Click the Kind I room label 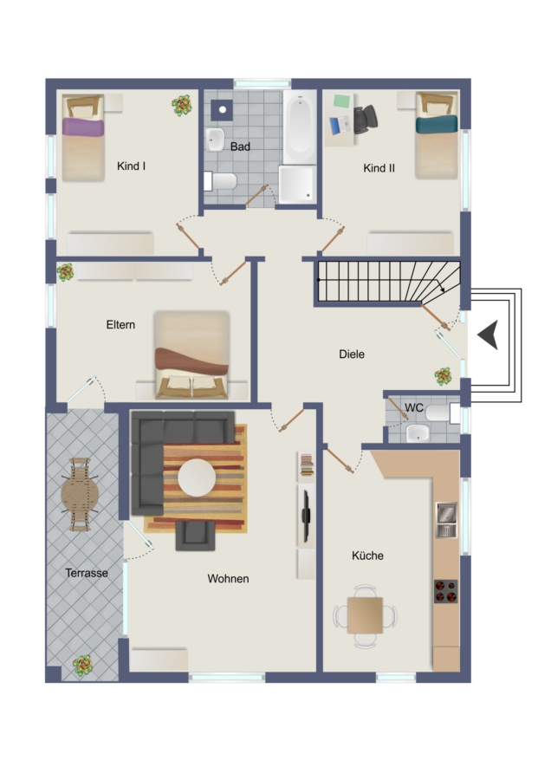[132, 166]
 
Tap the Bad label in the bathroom [240, 146]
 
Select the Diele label [352, 354]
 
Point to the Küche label [367, 556]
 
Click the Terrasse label [87, 573]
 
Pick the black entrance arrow [488, 335]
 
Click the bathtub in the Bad [300, 127]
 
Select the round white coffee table [197, 478]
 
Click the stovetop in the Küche [446, 591]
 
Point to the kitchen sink [446, 520]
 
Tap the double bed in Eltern [192, 355]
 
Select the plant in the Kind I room [182, 106]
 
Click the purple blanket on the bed [83, 127]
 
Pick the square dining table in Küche [365, 615]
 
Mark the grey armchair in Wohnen [196, 536]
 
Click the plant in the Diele [443, 376]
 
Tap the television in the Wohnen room [307, 515]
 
